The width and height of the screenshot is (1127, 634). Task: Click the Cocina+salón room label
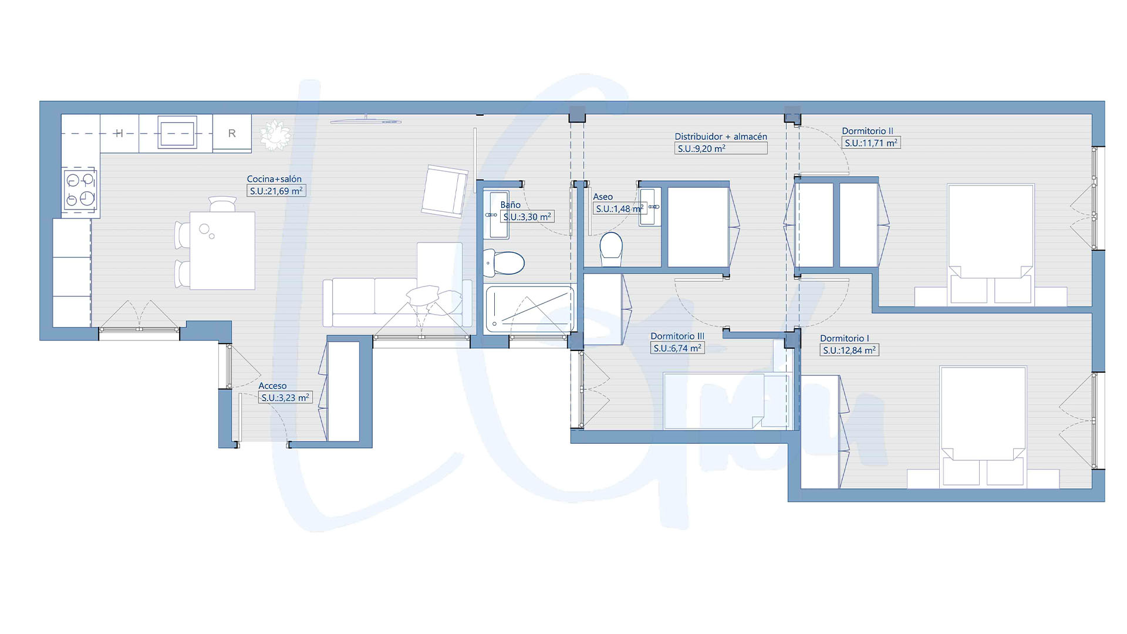tap(274, 179)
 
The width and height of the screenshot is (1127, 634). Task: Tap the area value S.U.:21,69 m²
tap(276, 191)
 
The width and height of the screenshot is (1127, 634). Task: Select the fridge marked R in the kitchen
tap(232, 133)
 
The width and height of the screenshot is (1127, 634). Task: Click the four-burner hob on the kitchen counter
tap(80, 189)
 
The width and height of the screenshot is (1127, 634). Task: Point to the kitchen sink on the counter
tap(177, 133)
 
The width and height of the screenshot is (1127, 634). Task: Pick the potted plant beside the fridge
tap(275, 134)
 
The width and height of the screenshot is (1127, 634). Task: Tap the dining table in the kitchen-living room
tap(222, 251)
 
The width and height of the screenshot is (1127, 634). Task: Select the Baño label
tap(510, 205)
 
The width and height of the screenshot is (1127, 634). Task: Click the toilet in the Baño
tap(503, 263)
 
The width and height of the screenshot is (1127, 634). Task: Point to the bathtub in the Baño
tap(529, 309)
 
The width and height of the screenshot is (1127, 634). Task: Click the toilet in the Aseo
tap(611, 249)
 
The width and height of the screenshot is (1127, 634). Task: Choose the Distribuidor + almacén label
tap(721, 137)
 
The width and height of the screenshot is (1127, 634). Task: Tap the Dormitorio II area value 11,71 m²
tap(871, 143)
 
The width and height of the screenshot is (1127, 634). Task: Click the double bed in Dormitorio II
tap(991, 245)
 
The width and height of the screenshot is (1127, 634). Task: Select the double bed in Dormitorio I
tap(983, 427)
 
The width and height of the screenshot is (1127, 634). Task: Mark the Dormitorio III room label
tap(677, 336)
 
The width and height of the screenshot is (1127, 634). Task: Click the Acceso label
tap(272, 386)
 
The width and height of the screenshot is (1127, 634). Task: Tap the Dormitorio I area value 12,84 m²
tap(849, 350)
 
